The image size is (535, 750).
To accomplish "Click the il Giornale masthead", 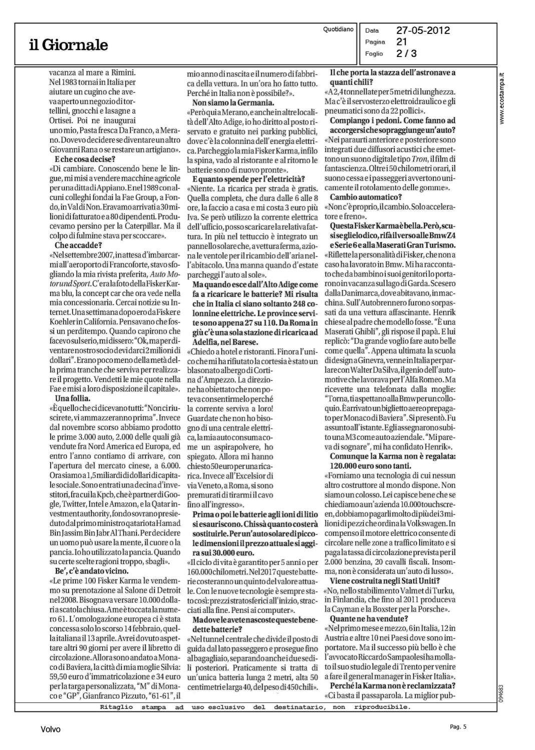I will (x=68, y=45).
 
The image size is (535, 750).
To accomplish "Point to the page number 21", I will (x=402, y=42).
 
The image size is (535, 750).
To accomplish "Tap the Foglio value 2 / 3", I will (x=406, y=53).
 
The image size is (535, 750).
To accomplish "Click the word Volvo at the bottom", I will (x=51, y=729).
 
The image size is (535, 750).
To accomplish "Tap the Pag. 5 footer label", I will (x=458, y=727).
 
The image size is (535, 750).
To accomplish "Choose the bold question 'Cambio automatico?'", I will (x=366, y=197).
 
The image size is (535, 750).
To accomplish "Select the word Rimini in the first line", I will (x=124, y=72).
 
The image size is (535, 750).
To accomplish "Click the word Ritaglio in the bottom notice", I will (x=116, y=707).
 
